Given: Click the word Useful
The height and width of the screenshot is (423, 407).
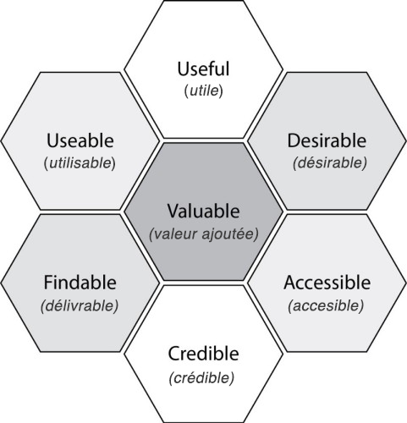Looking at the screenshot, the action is tap(203, 69).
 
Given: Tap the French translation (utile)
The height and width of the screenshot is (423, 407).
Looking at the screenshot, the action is tap(204, 91).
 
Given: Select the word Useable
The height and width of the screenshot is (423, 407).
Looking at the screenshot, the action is tap(80, 140).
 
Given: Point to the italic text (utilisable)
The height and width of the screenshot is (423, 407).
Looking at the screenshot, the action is tap(80, 163).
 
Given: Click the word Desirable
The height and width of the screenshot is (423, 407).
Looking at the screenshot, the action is tap(327, 140).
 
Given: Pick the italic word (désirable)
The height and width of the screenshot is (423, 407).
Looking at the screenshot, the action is tap(330, 162).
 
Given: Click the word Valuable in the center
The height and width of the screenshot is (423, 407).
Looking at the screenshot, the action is tap(203, 211).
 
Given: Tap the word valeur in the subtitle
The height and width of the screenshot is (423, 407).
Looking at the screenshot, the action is tap(173, 234).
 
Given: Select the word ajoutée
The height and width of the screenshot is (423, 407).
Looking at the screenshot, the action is tap(228, 234).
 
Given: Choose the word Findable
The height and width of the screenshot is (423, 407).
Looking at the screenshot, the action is tap(80, 283).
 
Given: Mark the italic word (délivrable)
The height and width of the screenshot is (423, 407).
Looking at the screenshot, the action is tap(80, 305).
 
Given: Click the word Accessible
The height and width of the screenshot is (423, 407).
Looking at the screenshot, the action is tap(327, 283).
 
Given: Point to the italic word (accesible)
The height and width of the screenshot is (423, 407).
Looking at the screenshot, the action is tap(326, 305).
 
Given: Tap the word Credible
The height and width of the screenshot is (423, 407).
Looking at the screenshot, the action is tap(203, 354).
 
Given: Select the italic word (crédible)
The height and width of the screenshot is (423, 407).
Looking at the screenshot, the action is tap(201, 378).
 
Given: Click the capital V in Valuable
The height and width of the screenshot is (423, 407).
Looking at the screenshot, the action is tap(173, 211).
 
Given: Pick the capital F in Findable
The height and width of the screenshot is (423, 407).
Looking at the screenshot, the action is tap(48, 283).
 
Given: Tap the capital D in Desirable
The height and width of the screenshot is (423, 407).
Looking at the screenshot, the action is tap(294, 140).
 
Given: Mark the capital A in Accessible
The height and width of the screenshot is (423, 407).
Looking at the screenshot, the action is tap(290, 283).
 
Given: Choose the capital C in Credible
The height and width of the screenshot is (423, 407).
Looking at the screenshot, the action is tap(174, 354).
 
